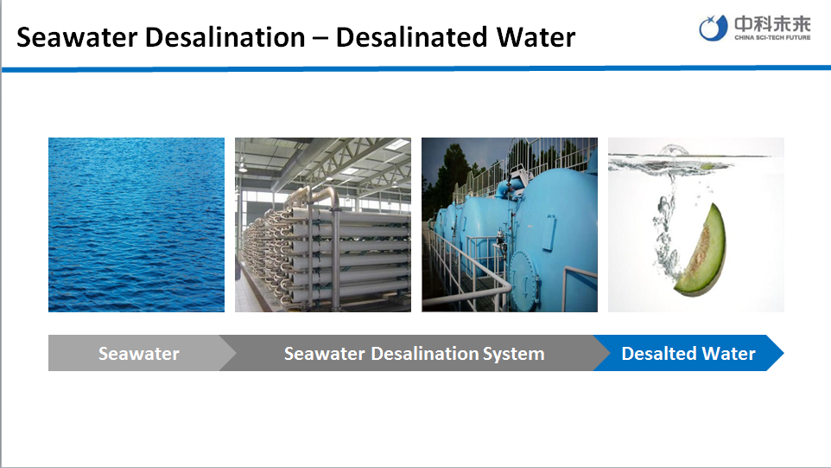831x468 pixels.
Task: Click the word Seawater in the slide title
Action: (79, 37)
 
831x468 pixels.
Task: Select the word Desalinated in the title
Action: (412, 37)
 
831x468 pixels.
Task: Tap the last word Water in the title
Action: (536, 37)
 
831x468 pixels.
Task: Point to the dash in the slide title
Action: (320, 38)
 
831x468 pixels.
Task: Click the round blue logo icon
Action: (713, 28)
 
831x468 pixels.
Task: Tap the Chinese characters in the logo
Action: (772, 24)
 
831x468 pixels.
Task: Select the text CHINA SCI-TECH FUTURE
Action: (772, 38)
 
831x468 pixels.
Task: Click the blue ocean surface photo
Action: (136, 224)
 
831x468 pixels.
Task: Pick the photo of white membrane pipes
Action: (323, 224)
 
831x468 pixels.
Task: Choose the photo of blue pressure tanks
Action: (510, 224)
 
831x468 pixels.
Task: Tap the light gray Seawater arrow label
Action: (139, 354)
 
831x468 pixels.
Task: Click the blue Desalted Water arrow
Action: (688, 354)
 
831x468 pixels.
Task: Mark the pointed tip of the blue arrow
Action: (783, 353)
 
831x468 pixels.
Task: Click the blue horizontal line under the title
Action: (416, 68)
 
